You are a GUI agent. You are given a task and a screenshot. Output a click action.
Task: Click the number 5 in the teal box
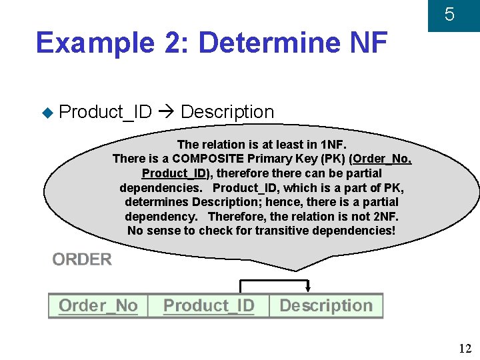449,14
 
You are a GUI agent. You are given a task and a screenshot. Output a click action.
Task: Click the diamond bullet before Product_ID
47,112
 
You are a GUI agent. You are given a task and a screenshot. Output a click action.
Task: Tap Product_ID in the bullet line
105,112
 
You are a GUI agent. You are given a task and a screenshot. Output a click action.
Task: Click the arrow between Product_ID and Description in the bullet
166,112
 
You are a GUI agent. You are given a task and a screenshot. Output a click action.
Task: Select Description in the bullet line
227,112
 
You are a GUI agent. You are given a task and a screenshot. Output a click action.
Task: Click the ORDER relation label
82,259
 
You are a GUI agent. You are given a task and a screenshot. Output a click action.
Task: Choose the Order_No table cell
98,306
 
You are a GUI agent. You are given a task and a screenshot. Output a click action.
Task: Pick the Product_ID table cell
209,306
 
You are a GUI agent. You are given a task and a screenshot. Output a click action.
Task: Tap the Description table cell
325,306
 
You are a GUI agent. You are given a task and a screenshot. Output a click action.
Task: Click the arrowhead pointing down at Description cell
308,289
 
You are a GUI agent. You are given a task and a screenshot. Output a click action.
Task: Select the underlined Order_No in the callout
382,159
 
